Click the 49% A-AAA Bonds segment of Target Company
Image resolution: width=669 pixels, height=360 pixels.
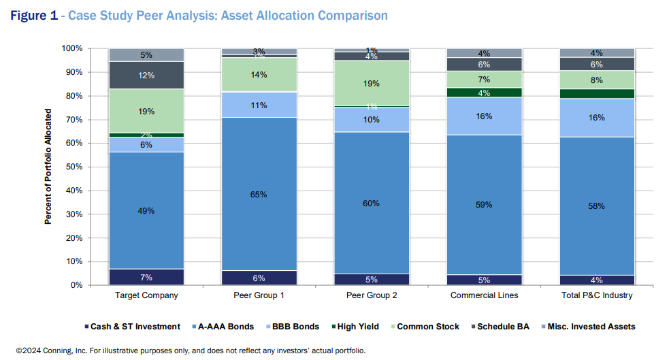click(x=146, y=210)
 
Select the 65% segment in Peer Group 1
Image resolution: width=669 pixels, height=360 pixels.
click(x=259, y=194)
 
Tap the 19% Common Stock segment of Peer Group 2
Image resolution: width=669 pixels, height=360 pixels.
click(x=371, y=83)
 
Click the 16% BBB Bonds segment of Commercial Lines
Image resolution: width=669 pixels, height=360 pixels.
click(x=483, y=116)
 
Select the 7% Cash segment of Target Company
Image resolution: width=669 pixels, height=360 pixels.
click(x=146, y=277)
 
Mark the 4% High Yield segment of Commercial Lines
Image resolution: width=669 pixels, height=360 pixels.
click(x=483, y=93)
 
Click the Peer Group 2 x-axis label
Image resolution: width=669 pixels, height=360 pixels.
click(x=371, y=295)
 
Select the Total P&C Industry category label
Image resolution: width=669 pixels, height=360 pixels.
click(x=595, y=295)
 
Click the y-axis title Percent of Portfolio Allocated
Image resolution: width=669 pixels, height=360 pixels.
click(x=48, y=166)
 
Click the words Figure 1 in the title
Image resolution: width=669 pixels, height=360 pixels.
click(x=33, y=16)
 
